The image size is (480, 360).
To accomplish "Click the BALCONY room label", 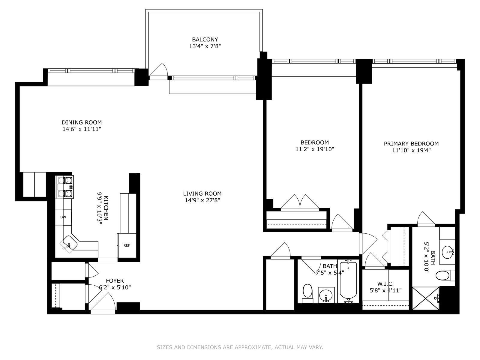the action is pos(205,40).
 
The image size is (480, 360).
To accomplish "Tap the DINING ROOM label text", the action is pos(82,122).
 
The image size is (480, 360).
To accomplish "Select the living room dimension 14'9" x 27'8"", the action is pos(202,200).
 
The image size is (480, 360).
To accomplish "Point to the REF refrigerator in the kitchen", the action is pos(127,245).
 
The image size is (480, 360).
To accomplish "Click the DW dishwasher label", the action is pos(63,217).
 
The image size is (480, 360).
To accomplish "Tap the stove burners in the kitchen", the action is pos(65,187).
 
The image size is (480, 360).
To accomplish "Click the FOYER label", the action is pos(115,281).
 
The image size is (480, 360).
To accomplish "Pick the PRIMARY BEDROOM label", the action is pos(411,144).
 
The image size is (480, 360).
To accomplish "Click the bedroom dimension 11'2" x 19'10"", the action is pos(315,149).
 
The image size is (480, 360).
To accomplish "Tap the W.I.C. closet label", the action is pos(385,284).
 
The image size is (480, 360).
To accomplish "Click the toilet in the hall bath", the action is pos(307,294).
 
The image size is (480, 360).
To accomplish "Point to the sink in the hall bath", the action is pos(326,295).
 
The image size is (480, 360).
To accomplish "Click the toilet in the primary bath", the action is pos(445,276).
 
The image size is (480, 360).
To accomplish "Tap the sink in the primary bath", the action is pos(447,252).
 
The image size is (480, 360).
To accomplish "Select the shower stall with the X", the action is pos(426,298).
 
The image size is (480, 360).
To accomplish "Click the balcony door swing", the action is pos(158,70).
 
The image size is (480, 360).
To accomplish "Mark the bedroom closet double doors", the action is pos(300,202).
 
